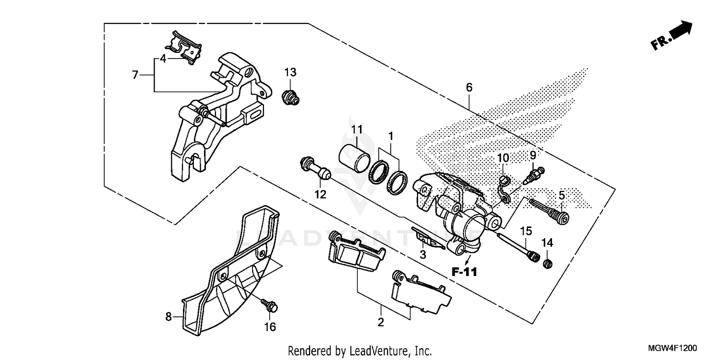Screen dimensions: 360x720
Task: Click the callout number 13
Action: coord(290,72)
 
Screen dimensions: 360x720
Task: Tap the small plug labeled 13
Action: coord(289,97)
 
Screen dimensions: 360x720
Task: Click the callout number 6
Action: coord(469,87)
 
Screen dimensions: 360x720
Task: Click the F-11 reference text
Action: coord(464,272)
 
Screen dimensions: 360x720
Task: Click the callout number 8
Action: coord(168,316)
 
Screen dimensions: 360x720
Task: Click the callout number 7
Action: coord(135,75)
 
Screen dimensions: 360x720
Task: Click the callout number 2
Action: coord(381,322)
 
